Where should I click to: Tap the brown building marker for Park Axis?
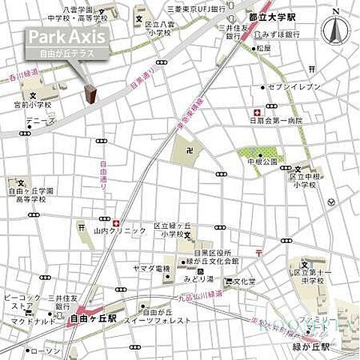(91, 94)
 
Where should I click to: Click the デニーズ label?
(39, 119)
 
